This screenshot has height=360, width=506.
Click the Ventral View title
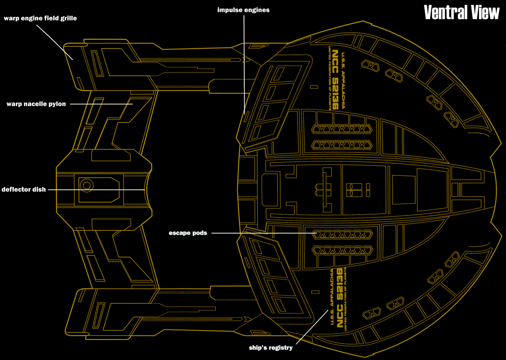pos(461,12)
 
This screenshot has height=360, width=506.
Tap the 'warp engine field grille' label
pos(40,18)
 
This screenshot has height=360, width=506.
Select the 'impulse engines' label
pos(243,10)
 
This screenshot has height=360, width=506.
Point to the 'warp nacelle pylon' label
pos(36,104)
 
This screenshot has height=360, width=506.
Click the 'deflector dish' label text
pos(23,190)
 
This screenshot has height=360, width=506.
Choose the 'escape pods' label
pos(188,233)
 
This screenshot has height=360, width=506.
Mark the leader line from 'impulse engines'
pos(244,62)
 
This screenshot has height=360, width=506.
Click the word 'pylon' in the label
pos(57,104)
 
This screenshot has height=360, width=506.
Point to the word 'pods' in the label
pos(199,233)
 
